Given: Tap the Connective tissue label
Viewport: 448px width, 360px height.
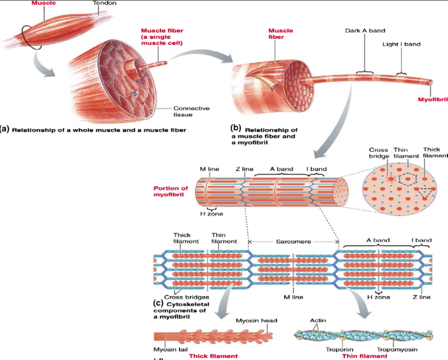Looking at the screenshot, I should (x=191, y=111).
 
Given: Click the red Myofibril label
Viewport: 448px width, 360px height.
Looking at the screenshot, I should (x=432, y=98).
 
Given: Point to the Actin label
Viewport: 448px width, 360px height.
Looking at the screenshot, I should (x=318, y=320).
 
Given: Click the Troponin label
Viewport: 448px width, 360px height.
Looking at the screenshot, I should (x=335, y=351).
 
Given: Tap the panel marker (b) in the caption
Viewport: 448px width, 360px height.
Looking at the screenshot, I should (x=235, y=129).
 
